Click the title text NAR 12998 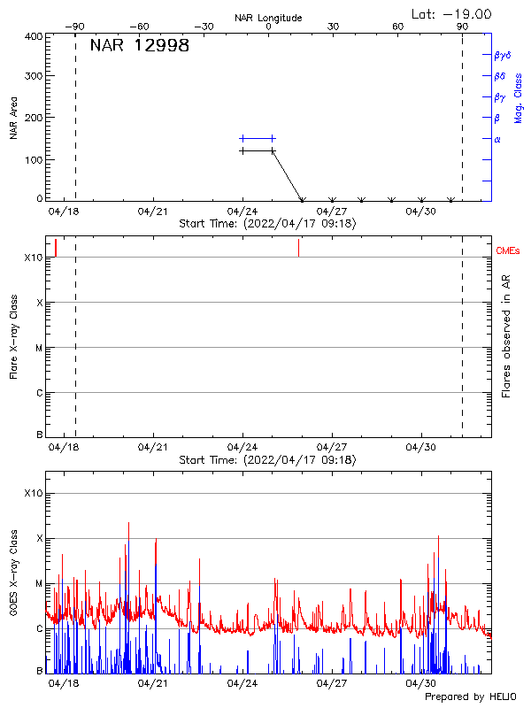tap(140, 46)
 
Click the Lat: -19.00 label tap(452, 13)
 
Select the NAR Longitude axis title tap(268, 17)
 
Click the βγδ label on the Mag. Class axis tap(502, 55)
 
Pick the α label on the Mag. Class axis tap(497, 139)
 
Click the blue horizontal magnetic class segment tap(258, 138)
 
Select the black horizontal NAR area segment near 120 tap(258, 150)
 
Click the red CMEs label tap(510, 251)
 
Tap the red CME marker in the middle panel tap(56, 247)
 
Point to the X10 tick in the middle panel tap(33, 258)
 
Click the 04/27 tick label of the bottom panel tap(332, 684)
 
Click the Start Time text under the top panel tap(267, 224)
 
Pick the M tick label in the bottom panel tap(38, 584)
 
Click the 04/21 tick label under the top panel tap(153, 212)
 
